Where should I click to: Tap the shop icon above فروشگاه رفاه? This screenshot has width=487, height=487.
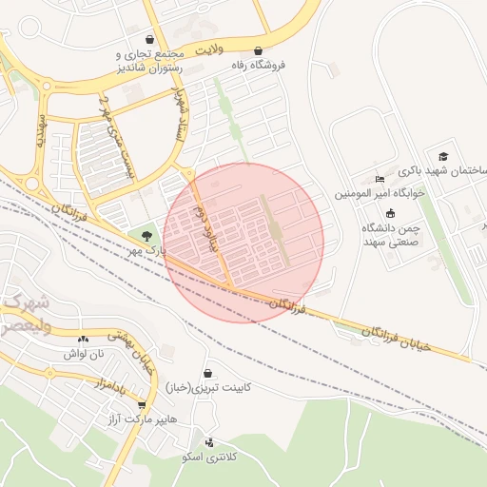[258, 51]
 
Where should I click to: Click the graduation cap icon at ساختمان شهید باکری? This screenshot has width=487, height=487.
[442, 156]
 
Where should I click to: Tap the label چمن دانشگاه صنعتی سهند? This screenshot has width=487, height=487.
[391, 234]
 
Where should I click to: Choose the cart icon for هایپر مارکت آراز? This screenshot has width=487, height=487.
[142, 404]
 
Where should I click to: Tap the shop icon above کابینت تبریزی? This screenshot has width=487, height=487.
[207, 373]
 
